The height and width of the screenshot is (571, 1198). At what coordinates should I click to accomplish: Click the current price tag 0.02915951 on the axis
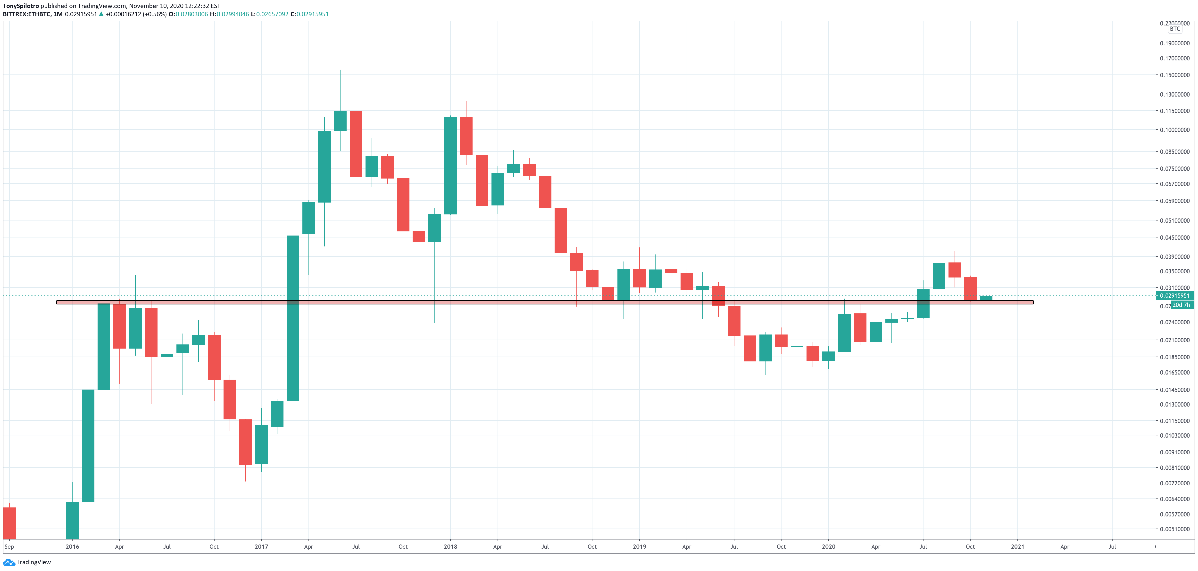pyautogui.click(x=1174, y=295)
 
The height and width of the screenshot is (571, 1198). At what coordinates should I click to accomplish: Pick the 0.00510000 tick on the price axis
pyautogui.click(x=1174, y=529)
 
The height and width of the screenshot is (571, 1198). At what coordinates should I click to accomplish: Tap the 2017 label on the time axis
pyautogui.click(x=261, y=547)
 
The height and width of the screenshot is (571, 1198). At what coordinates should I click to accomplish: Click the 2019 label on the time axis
pyautogui.click(x=640, y=547)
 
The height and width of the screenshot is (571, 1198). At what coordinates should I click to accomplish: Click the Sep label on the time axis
pyautogui.click(x=9, y=547)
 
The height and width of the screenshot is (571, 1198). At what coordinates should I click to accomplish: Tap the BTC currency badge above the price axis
pyautogui.click(x=1175, y=29)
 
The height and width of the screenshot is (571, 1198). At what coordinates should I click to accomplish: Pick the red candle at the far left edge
pyautogui.click(x=9, y=523)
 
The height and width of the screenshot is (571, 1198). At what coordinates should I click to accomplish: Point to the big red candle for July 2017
pyautogui.click(x=356, y=144)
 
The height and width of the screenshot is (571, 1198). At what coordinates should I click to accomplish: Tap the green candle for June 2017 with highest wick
pyautogui.click(x=340, y=121)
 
